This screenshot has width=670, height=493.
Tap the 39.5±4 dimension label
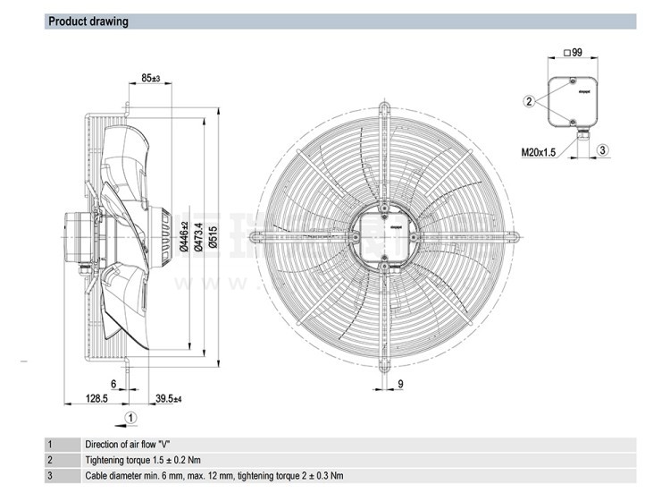click(x=169, y=397)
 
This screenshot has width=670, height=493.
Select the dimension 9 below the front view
click(x=400, y=384)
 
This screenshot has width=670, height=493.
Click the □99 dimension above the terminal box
click(x=574, y=53)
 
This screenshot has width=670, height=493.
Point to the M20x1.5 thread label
click(x=538, y=153)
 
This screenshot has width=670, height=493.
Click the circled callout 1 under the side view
click(x=130, y=416)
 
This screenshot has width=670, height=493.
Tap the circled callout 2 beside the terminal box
click(x=529, y=101)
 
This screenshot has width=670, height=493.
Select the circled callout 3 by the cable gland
click(x=603, y=150)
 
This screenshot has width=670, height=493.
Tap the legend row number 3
click(x=51, y=476)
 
